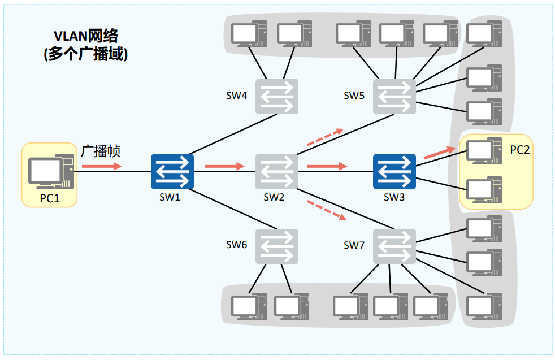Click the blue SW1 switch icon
tap(172, 172)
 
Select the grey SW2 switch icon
tap(277, 172)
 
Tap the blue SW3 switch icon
tap(394, 172)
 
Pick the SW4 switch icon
tap(277, 97)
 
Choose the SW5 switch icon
tap(394, 97)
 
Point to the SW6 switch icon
tap(277, 246)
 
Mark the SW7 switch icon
tap(394, 246)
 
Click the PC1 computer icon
tap(51, 172)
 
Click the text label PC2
tap(519, 150)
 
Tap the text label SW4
tap(236, 96)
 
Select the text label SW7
tap(354, 245)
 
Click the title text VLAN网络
tap(86, 36)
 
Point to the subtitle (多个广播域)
tap(86, 54)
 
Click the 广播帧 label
tap(101, 151)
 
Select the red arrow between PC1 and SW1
tap(102, 166)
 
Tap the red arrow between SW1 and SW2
tap(225, 166)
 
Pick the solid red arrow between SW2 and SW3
tap(327, 166)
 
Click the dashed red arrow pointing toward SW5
tap(326, 137)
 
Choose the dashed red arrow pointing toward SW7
tap(327, 210)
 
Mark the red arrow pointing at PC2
tap(440, 153)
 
